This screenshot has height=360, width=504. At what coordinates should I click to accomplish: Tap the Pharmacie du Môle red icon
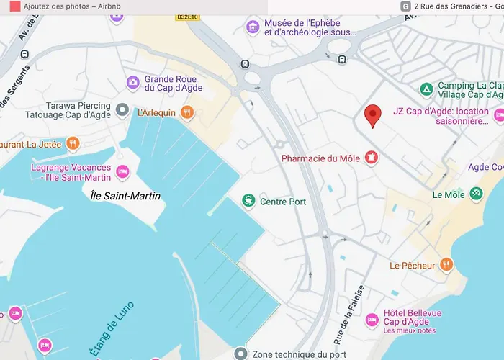pos(372,157)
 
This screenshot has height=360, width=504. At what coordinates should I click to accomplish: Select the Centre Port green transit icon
pos(248,201)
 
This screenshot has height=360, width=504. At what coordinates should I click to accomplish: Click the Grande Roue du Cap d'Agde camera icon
pos(133,83)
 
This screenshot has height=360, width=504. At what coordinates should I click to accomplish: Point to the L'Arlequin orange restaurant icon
pos(187,112)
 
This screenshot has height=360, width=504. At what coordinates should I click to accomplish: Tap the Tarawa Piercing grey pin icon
pos(122,110)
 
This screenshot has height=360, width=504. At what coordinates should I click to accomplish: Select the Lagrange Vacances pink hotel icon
pos(122,172)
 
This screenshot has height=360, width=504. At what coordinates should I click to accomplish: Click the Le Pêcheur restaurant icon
pos(447,265)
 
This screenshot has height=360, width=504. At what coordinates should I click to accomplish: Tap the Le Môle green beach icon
pos(476,194)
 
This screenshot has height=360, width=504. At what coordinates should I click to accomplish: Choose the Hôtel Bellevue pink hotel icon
pos(372,319)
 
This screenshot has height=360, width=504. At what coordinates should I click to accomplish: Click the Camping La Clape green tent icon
pos(426,89)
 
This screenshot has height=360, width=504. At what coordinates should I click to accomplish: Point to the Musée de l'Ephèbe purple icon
pos(252,27)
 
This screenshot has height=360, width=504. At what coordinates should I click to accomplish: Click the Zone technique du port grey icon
pos(240,354)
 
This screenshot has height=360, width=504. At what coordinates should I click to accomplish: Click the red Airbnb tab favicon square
pos(14,6)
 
